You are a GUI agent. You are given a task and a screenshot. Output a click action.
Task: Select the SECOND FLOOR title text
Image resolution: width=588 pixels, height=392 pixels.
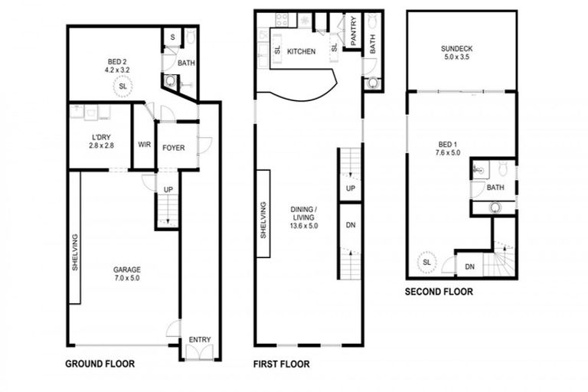point(439,292)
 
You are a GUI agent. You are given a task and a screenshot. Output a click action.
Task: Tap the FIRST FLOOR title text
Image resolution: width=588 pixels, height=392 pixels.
point(281,364)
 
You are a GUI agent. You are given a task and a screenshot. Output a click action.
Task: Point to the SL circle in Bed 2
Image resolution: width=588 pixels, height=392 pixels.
point(122,87)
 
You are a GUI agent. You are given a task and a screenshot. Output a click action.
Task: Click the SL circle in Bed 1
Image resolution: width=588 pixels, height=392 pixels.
point(426,263)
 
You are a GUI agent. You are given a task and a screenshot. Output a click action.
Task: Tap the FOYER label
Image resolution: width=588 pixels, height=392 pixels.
point(173,147)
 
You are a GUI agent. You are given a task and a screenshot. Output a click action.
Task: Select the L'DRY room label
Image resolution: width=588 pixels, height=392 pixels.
point(101,141)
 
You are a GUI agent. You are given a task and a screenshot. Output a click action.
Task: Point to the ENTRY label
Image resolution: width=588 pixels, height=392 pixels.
point(199,340)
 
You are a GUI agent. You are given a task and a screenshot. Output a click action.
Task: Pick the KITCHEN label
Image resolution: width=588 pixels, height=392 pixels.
point(302,51)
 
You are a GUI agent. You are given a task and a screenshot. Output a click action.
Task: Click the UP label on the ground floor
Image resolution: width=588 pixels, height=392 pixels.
point(168,189)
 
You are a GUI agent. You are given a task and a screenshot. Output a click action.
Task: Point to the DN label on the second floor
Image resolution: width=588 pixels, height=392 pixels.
point(469,266)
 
